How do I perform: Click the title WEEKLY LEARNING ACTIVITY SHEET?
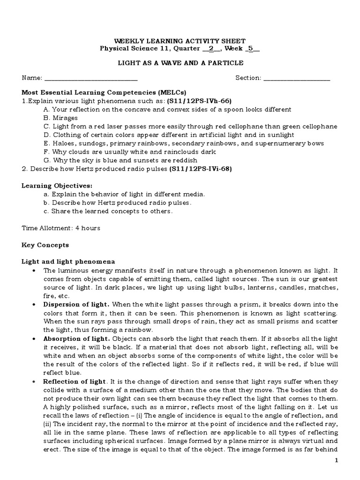(180, 41)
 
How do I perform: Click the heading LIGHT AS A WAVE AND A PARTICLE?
(180, 63)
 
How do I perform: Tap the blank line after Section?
(297, 78)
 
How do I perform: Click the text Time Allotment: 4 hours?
(61, 228)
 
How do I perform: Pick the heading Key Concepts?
(45, 245)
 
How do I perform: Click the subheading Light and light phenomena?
(68, 261)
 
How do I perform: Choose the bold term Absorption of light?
(77, 338)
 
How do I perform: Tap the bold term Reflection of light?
(75, 381)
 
